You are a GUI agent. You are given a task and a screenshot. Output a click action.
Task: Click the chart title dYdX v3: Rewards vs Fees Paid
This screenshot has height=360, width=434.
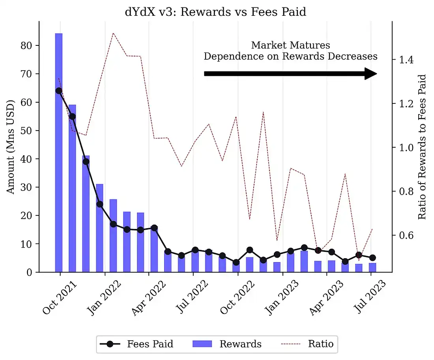(215, 12)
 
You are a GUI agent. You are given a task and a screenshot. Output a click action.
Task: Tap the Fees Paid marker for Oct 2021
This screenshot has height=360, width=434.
(59, 91)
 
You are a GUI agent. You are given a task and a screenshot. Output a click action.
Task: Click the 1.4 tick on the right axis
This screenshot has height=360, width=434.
(403, 60)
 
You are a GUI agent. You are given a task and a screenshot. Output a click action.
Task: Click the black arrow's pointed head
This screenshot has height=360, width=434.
(370, 73)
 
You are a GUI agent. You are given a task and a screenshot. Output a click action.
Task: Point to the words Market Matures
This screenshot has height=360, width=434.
(290, 45)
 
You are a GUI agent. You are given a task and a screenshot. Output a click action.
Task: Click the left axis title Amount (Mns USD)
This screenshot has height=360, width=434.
(11, 147)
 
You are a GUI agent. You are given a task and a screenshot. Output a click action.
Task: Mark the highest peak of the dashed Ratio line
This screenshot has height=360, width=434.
(113, 33)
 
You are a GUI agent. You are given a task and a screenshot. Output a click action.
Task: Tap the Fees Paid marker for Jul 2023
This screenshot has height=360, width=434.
(372, 258)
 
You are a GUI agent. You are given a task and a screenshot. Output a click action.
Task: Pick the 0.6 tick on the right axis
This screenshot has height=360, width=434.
(403, 235)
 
